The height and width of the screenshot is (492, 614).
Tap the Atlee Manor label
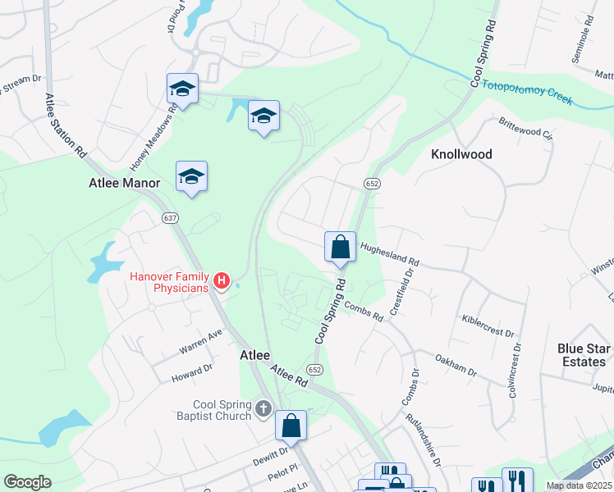(x=124, y=184)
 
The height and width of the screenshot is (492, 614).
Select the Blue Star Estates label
(x=582, y=354)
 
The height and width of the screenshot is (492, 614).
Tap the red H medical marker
(x=221, y=282)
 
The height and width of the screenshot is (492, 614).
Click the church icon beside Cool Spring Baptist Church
(x=263, y=408)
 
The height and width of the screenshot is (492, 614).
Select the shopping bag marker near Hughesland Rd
(x=340, y=247)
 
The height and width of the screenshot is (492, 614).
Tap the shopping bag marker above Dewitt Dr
(x=291, y=426)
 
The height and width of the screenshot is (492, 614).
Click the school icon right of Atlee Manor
(x=191, y=176)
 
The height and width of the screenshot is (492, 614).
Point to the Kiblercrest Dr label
(x=488, y=326)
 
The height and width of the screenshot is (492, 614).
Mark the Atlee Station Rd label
(x=64, y=124)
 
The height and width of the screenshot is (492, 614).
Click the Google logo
(x=28, y=482)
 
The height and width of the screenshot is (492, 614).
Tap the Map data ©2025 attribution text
(x=579, y=485)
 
